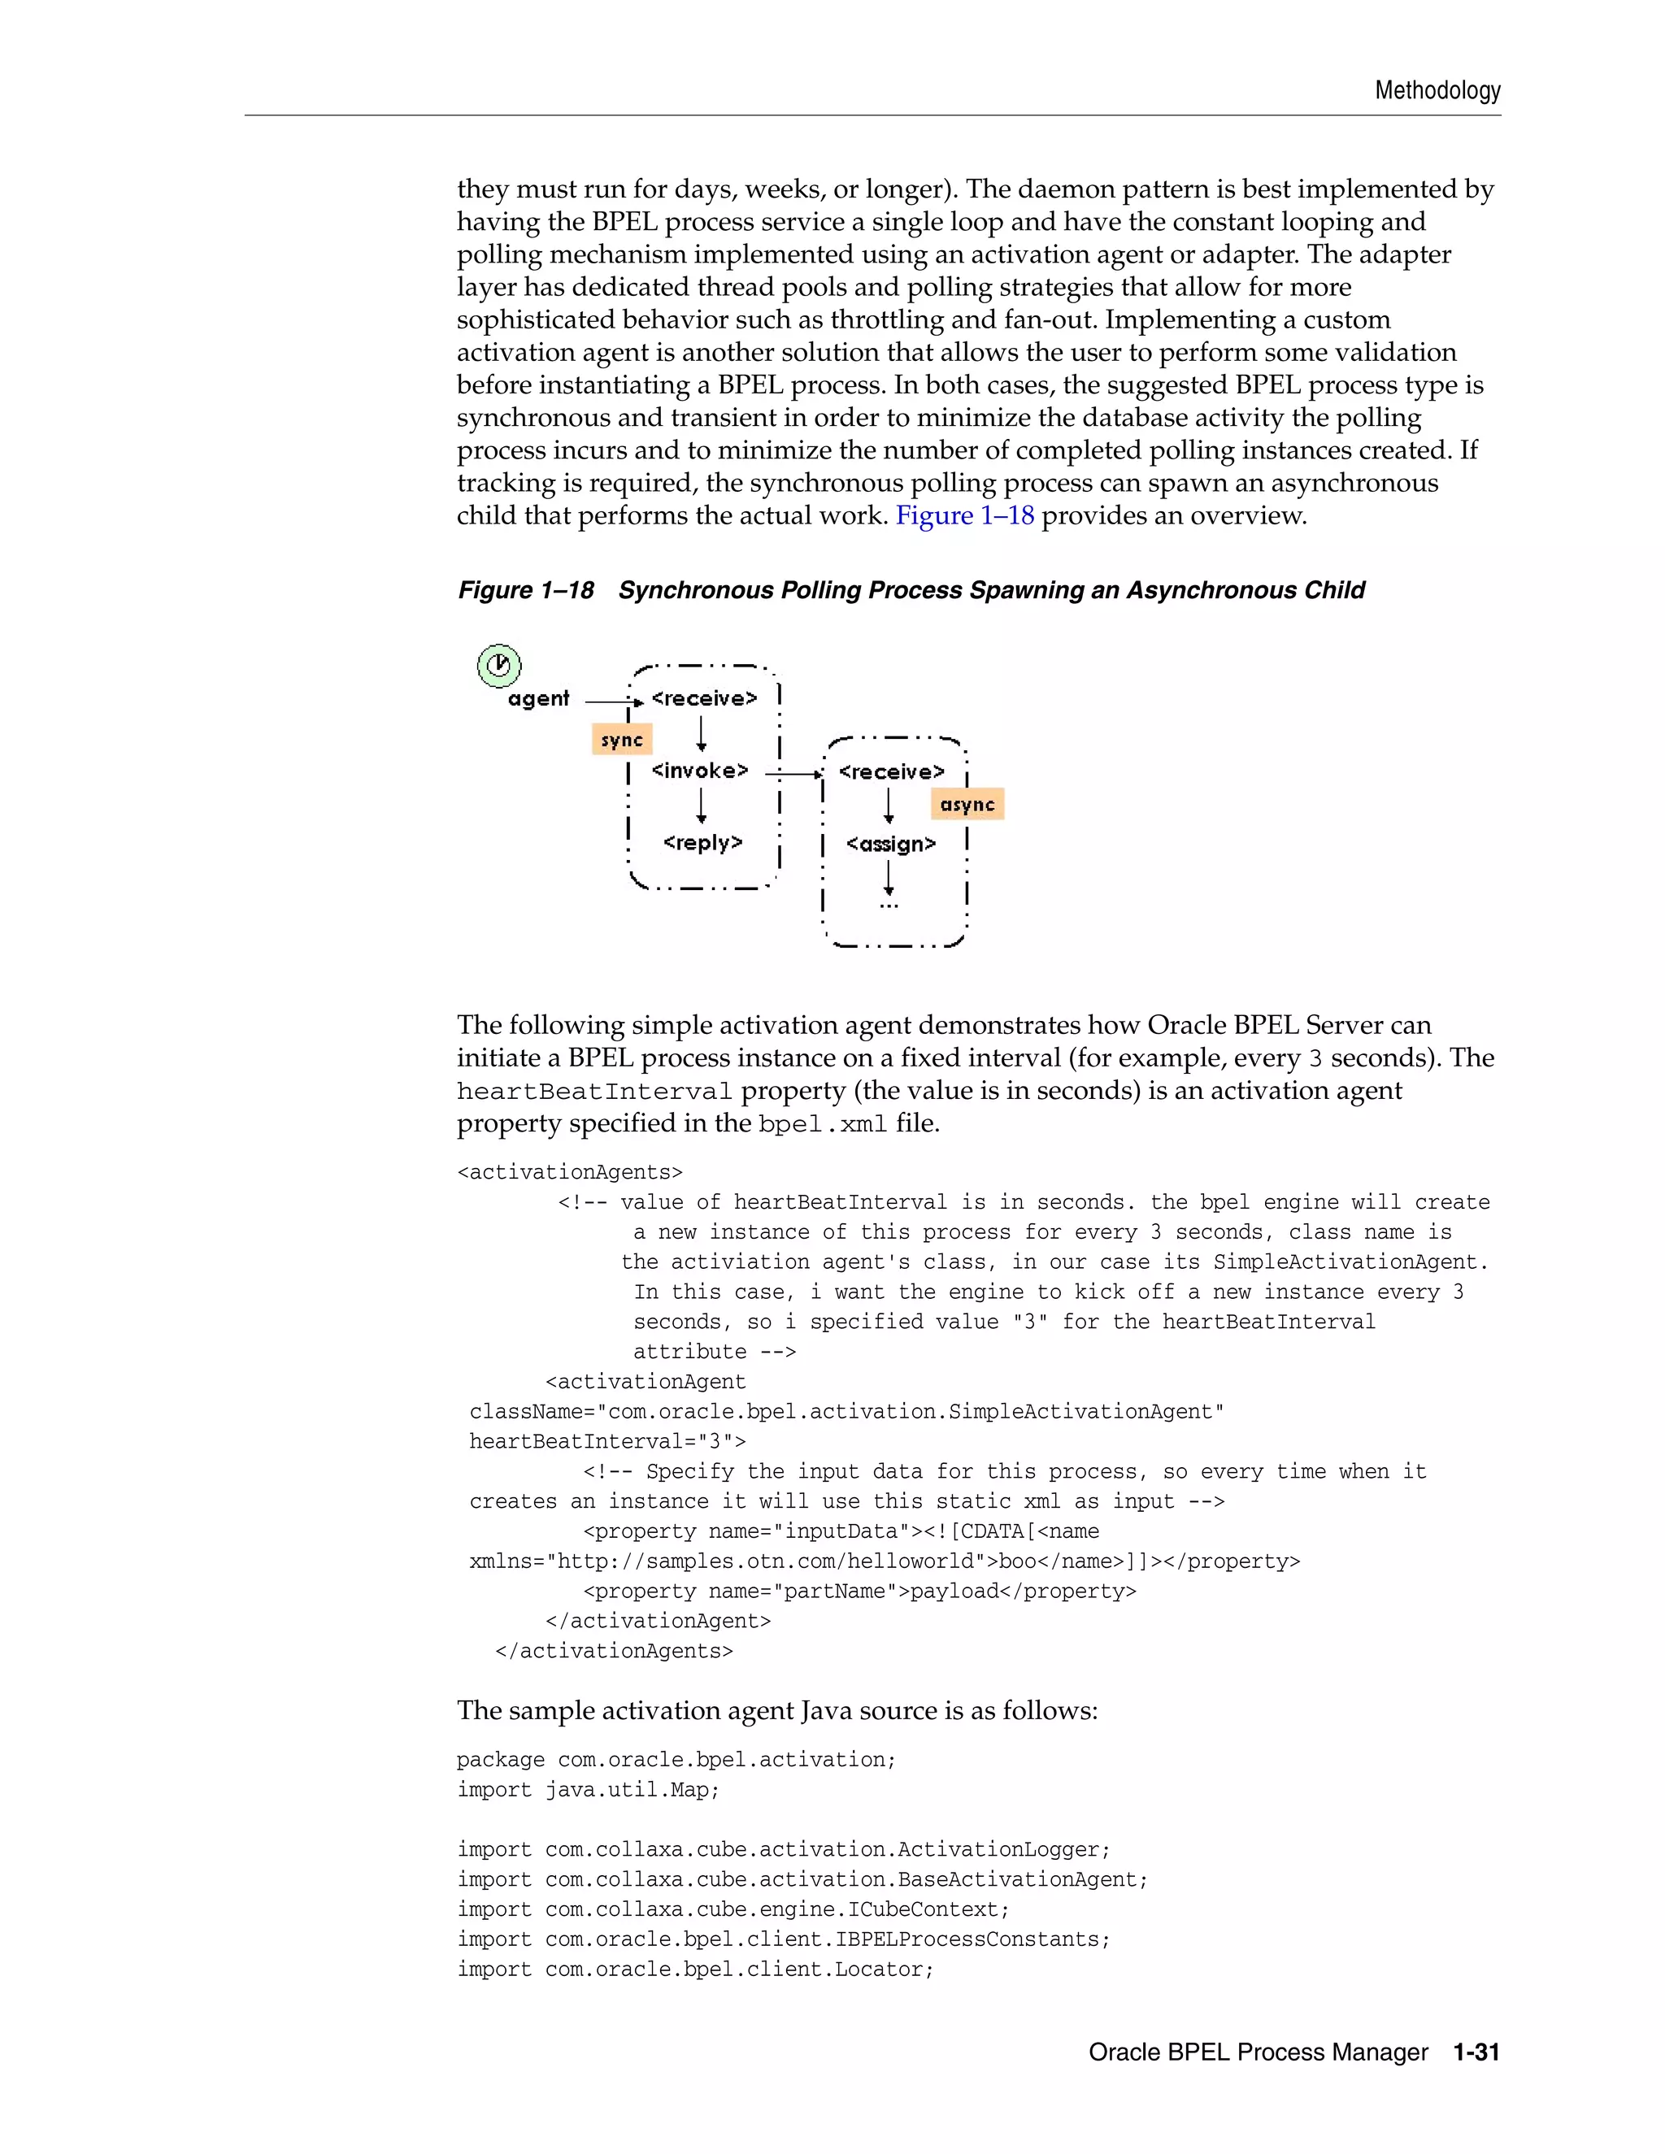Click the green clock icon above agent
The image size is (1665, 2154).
(x=499, y=665)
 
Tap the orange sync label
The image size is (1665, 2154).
(x=621, y=740)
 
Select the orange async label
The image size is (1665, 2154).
(x=967, y=805)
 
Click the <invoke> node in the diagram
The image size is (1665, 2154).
(x=700, y=771)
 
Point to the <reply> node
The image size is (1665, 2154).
(x=702, y=842)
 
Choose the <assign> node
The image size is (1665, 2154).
(x=891, y=845)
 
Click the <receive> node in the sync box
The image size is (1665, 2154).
(x=704, y=698)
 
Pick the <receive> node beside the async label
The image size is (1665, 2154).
(x=891, y=771)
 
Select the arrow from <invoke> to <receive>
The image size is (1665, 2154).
(x=792, y=774)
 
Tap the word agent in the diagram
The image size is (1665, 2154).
(x=538, y=699)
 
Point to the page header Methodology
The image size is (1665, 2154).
(x=1437, y=91)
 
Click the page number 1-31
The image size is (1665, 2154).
(x=1476, y=2052)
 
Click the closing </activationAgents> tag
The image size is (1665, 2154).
(x=614, y=1651)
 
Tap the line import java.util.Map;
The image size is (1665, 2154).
(x=588, y=1790)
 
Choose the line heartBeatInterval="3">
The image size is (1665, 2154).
(x=606, y=1442)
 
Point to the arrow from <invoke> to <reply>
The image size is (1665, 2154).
(x=702, y=806)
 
